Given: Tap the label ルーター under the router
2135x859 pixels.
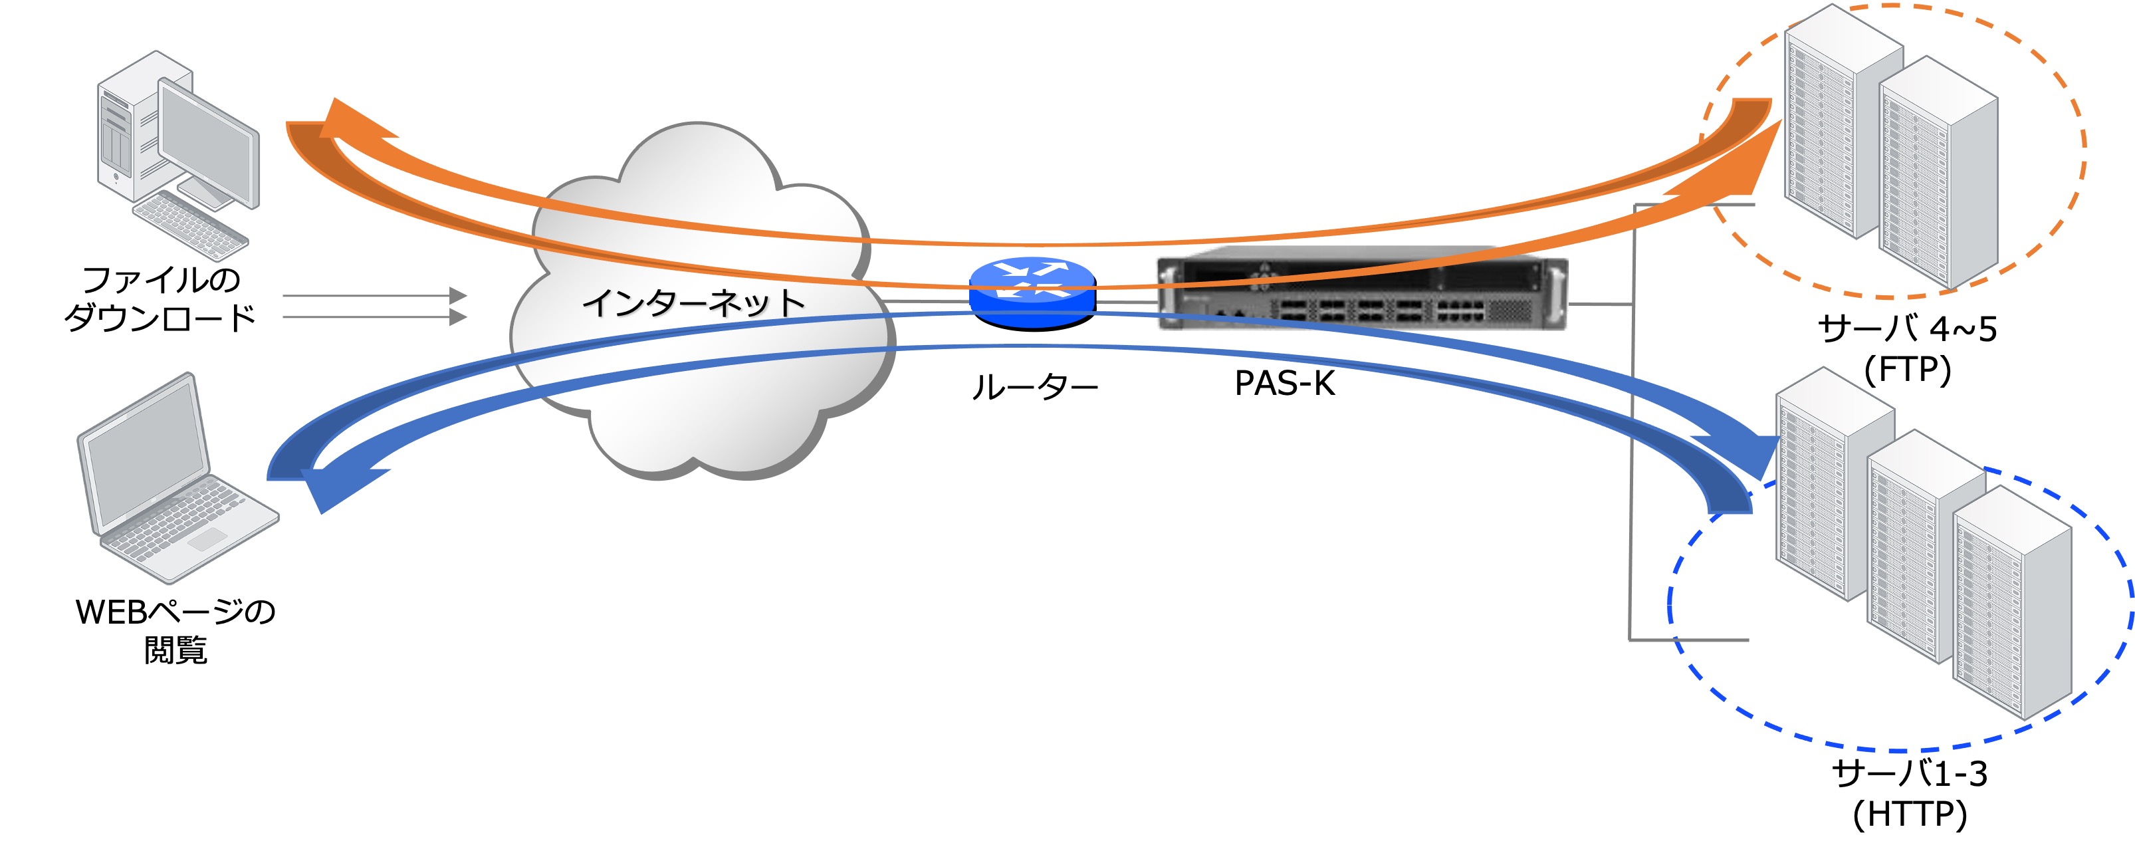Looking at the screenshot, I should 1034,387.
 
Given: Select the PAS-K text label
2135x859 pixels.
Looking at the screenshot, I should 1285,383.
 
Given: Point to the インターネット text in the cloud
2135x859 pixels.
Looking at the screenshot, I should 694,303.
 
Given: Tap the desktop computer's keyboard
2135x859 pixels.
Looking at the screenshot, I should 190,225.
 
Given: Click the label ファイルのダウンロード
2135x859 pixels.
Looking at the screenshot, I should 161,299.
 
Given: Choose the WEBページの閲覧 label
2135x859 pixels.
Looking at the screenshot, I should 175,630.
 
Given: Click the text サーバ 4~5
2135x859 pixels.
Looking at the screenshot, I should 1907,329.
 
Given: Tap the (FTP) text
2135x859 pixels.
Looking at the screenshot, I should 1907,369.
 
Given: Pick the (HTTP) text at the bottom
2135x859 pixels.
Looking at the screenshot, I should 1910,814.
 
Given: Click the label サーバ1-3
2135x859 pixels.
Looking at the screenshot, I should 1910,774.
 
